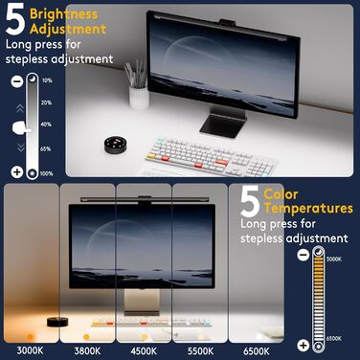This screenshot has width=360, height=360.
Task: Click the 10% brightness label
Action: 47,81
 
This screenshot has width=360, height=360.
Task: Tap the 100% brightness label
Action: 47,172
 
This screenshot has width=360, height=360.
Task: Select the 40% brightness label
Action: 47,124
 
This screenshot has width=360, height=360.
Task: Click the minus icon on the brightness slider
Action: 18,82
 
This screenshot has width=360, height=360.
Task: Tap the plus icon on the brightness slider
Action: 17,171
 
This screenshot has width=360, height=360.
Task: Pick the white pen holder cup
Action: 139,95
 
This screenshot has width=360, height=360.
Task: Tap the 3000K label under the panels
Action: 31,349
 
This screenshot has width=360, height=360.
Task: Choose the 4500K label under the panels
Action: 144,349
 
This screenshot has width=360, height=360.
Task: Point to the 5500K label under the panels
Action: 199,349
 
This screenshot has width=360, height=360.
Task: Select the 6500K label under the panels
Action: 256,349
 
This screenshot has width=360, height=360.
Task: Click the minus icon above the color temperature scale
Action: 303,254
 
